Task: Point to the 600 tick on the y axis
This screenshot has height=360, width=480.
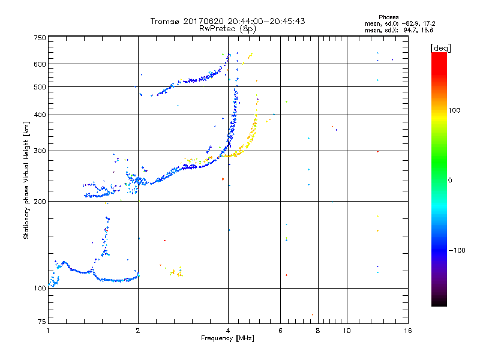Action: (40, 64)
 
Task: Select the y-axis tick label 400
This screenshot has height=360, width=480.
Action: (40, 115)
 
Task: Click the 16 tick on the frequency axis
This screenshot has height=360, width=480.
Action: (407, 331)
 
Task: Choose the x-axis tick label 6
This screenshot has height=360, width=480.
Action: (280, 331)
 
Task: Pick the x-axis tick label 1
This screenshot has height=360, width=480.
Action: (48, 331)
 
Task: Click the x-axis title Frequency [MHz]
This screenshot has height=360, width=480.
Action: (227, 339)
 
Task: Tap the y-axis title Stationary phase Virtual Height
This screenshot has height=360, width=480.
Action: (26, 180)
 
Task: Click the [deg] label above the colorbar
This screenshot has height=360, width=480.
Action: (440, 47)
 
